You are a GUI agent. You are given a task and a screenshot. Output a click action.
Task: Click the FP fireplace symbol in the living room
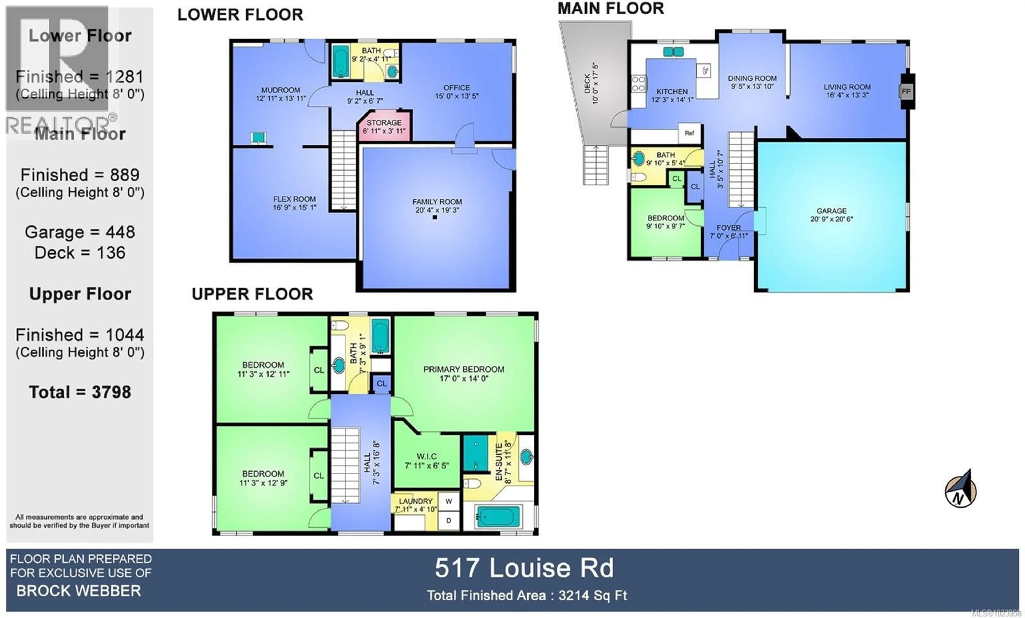906,91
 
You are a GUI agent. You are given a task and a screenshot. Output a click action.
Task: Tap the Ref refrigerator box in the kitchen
689,133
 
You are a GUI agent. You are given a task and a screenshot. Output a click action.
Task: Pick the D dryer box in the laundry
448,521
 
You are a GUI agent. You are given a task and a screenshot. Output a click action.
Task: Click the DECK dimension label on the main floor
591,83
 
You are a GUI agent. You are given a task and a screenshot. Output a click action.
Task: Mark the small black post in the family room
435,217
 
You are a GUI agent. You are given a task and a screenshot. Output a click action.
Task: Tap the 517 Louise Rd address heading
524,568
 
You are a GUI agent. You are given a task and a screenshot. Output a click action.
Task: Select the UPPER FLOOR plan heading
252,294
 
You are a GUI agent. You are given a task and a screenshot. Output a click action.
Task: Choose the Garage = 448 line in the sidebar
80,232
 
